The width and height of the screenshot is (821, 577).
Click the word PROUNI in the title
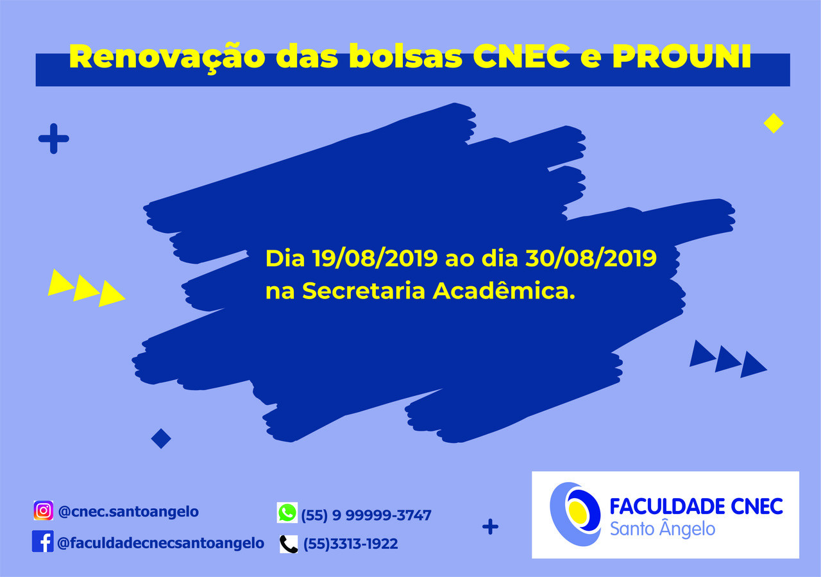(x=682, y=57)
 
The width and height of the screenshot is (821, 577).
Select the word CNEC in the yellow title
(x=521, y=57)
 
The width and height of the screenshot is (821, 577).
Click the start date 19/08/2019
(x=375, y=258)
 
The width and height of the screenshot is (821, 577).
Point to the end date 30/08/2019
(x=591, y=258)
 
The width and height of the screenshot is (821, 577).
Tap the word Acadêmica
(x=504, y=291)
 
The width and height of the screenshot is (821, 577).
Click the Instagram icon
(x=43, y=510)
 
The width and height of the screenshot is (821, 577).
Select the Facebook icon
(x=42, y=541)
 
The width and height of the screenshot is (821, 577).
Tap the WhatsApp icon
(x=287, y=512)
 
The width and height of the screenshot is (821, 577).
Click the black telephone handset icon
(x=289, y=544)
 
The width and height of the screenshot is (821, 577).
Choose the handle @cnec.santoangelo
(x=128, y=512)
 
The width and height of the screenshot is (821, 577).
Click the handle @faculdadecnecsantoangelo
(x=160, y=543)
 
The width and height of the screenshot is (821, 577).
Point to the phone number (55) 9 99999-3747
(x=366, y=515)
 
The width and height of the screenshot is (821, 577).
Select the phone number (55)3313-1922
(x=351, y=544)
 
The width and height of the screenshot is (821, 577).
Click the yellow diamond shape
(x=774, y=123)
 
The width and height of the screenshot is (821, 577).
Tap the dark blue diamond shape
(x=161, y=438)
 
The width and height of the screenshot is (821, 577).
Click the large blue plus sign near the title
(x=53, y=139)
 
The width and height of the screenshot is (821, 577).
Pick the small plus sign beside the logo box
(x=491, y=527)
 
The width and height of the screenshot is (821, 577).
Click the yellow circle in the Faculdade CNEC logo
(x=578, y=511)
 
